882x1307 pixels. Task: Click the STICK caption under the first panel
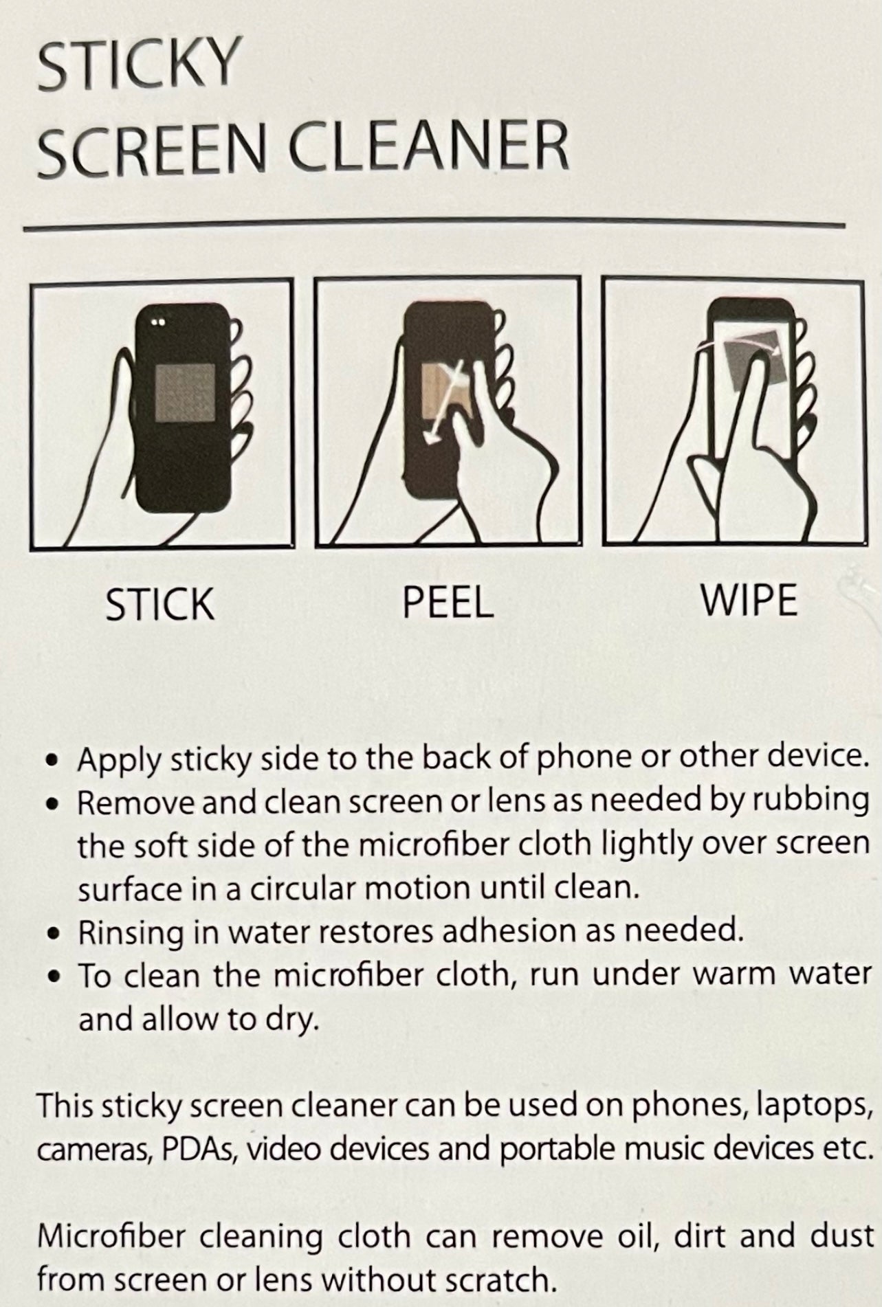tap(160, 604)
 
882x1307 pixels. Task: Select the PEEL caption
tap(448, 602)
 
